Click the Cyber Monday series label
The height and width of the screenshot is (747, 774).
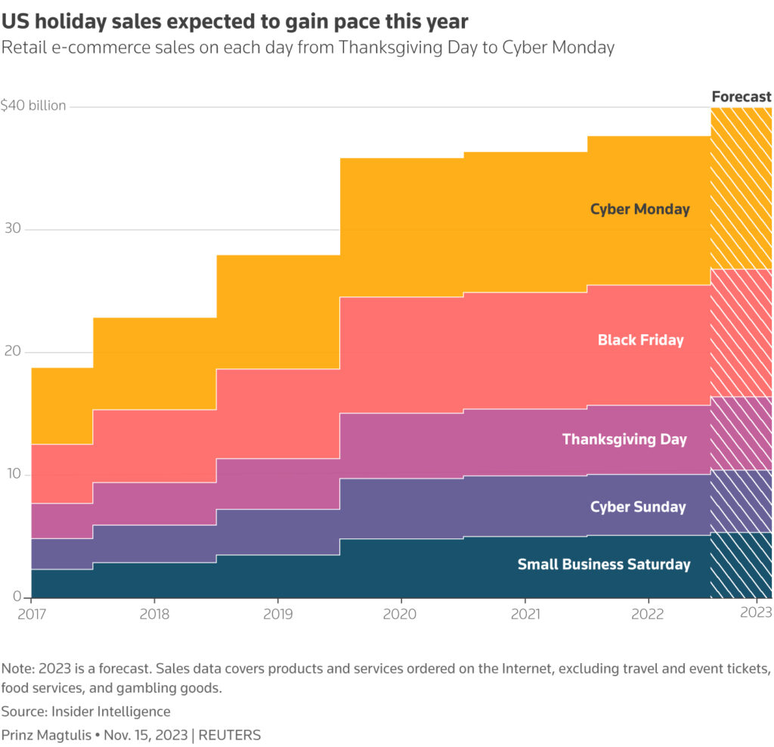[x=639, y=209]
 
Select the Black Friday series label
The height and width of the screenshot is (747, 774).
[x=640, y=340]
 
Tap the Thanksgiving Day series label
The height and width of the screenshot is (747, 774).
[x=624, y=439]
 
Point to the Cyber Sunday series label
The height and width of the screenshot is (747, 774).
[x=638, y=507]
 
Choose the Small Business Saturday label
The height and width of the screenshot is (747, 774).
[x=603, y=565]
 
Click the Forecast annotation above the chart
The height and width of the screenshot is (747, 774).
[x=741, y=97]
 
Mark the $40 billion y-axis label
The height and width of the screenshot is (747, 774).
[x=33, y=106]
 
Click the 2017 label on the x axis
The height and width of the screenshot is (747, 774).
[x=31, y=614]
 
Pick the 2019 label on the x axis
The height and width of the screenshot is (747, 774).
[x=278, y=614]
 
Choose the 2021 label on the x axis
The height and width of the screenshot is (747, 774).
[x=525, y=614]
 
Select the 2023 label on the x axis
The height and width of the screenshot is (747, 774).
[x=756, y=614]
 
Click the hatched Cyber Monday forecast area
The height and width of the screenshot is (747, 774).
[x=741, y=189]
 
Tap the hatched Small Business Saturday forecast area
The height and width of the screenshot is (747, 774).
[x=741, y=566]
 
